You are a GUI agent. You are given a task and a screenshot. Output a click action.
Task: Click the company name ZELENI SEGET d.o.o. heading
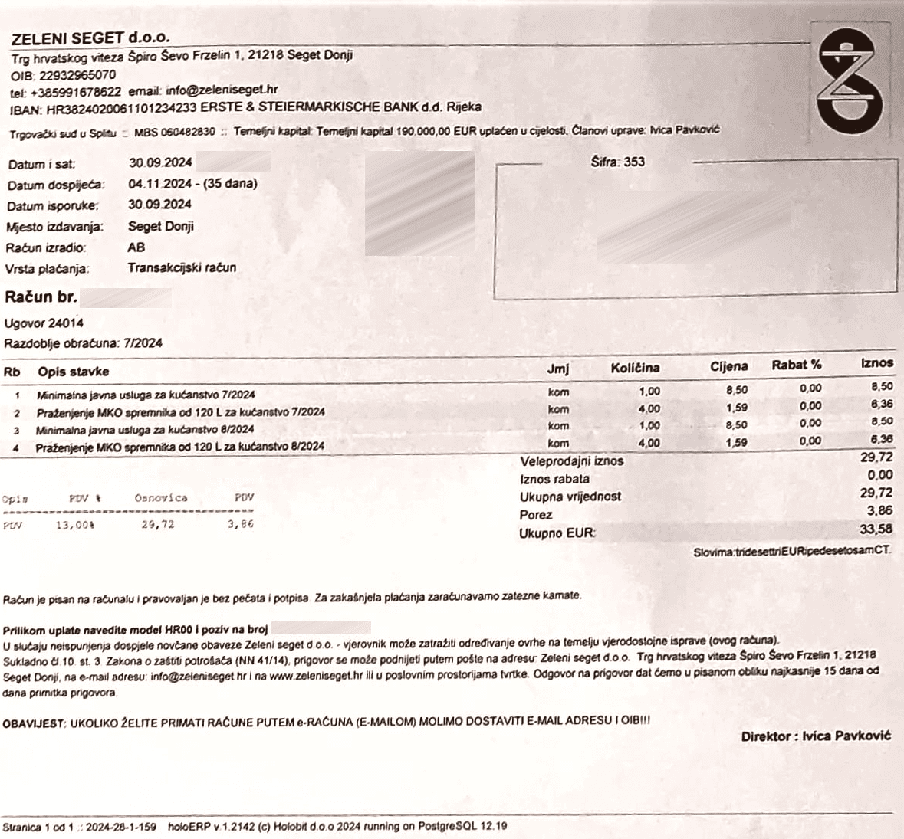coord(90,38)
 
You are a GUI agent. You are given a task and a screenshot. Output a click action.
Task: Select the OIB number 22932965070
coord(77,75)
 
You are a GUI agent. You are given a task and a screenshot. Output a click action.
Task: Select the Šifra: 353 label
coord(618,162)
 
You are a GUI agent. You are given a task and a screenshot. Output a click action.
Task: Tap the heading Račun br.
coord(41,297)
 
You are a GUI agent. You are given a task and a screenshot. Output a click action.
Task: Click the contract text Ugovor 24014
coord(44,323)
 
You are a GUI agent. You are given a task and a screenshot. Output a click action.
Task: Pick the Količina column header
coord(635,368)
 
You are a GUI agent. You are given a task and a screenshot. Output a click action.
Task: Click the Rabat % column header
coord(797,365)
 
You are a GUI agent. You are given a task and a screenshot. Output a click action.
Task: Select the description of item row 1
coord(146,395)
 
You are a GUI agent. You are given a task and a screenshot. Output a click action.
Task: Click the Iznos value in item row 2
coord(881,404)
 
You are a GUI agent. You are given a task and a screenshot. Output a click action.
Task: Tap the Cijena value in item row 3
coord(736,424)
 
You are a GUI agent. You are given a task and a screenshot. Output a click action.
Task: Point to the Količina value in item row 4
coord(649,443)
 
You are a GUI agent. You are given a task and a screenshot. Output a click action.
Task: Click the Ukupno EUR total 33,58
coord(876,529)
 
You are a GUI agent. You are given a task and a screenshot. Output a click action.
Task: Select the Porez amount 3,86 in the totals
coord(879,511)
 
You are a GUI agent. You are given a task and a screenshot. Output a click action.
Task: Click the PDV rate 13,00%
coord(75,525)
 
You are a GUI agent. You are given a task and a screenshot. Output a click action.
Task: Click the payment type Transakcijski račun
coord(182,268)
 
